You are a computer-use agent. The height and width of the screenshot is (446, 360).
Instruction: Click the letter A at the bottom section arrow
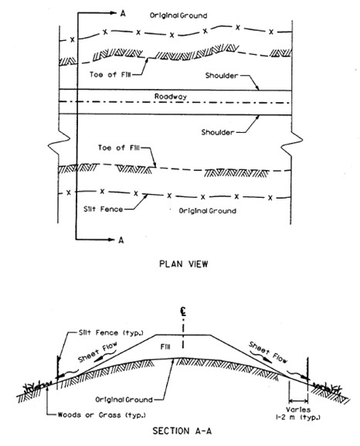(120, 240)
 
